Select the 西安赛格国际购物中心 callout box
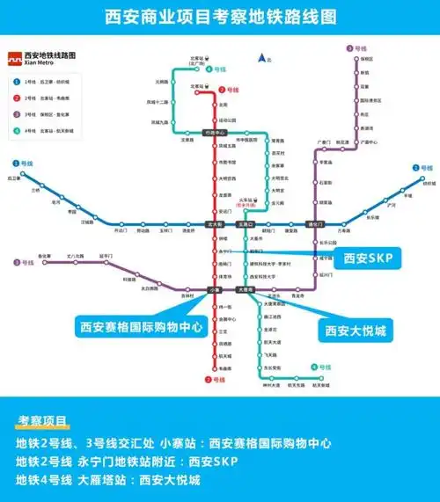tap(142, 327)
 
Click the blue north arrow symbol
tap(261, 58)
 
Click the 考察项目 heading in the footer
tap(41, 422)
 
